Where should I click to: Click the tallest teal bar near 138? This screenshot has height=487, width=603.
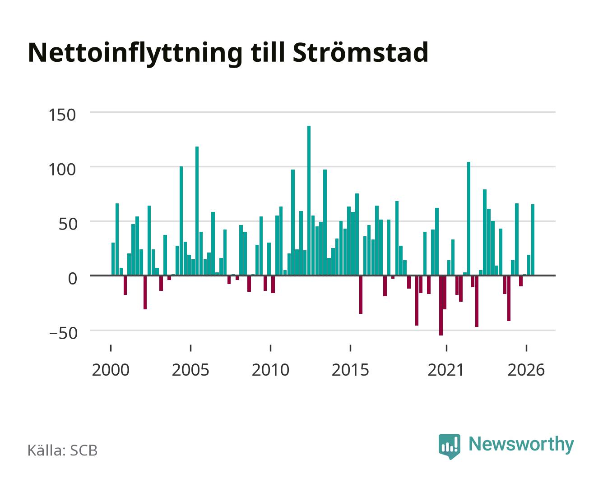tap(309, 201)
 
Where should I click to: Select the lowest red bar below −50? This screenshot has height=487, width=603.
tap(441, 305)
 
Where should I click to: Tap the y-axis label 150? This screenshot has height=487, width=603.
tap(62, 115)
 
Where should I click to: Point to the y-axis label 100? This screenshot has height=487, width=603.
tap(62, 170)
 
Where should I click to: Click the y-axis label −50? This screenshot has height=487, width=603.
tap(63, 333)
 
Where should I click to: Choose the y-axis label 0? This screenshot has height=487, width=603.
tap(73, 279)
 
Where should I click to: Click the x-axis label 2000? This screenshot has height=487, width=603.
tap(111, 370)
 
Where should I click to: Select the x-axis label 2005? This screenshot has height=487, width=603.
tap(190, 370)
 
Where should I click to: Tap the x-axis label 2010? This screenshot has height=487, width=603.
tap(270, 370)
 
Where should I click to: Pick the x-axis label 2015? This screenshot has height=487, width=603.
tap(351, 370)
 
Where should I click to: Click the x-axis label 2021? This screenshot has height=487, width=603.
tap(446, 370)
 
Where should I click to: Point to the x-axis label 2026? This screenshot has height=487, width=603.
tap(526, 370)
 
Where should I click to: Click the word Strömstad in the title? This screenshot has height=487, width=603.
tap(360, 52)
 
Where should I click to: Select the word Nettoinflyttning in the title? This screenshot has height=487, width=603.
tap(135, 54)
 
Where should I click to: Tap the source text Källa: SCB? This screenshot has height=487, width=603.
tap(63, 450)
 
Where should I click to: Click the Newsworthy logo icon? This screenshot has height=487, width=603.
tap(449, 446)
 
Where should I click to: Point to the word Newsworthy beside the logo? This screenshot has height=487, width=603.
tap(521, 445)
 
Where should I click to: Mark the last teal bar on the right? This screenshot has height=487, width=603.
tap(533, 240)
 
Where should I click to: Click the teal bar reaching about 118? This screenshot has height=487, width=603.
tap(197, 211)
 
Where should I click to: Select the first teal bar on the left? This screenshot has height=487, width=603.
tap(113, 259)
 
